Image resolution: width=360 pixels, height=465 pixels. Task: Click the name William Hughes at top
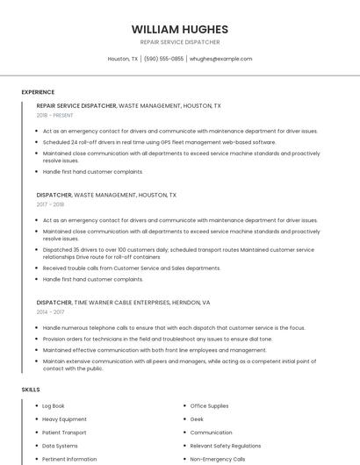[x=179, y=29]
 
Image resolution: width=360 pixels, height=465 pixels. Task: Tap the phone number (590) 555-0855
[x=163, y=59]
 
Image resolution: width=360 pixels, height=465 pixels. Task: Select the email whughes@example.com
[x=220, y=59]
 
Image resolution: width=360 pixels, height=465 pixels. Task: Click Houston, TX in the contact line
[x=123, y=59]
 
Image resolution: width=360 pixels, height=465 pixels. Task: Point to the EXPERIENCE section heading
[x=38, y=92]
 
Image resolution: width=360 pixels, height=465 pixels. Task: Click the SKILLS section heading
[x=31, y=389]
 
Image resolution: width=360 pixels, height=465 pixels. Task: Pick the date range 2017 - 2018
[x=50, y=204]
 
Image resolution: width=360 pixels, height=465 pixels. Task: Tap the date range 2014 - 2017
[x=50, y=311]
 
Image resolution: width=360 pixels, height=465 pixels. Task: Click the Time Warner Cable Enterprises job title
[x=123, y=302]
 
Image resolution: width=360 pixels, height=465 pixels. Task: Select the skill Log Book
[x=54, y=406]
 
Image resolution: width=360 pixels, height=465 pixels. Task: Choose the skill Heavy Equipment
[x=64, y=419]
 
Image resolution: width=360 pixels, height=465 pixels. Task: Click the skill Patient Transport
[x=64, y=433]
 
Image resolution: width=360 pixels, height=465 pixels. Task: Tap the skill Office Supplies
[x=209, y=406]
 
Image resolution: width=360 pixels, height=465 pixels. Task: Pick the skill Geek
[x=197, y=419]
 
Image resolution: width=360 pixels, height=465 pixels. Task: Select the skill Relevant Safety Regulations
[x=226, y=446]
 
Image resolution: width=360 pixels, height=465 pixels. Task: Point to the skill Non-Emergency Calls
[x=218, y=459]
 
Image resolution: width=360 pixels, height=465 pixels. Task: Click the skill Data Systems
[x=60, y=446]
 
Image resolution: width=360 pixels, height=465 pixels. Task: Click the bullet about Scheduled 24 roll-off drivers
[x=159, y=141]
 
